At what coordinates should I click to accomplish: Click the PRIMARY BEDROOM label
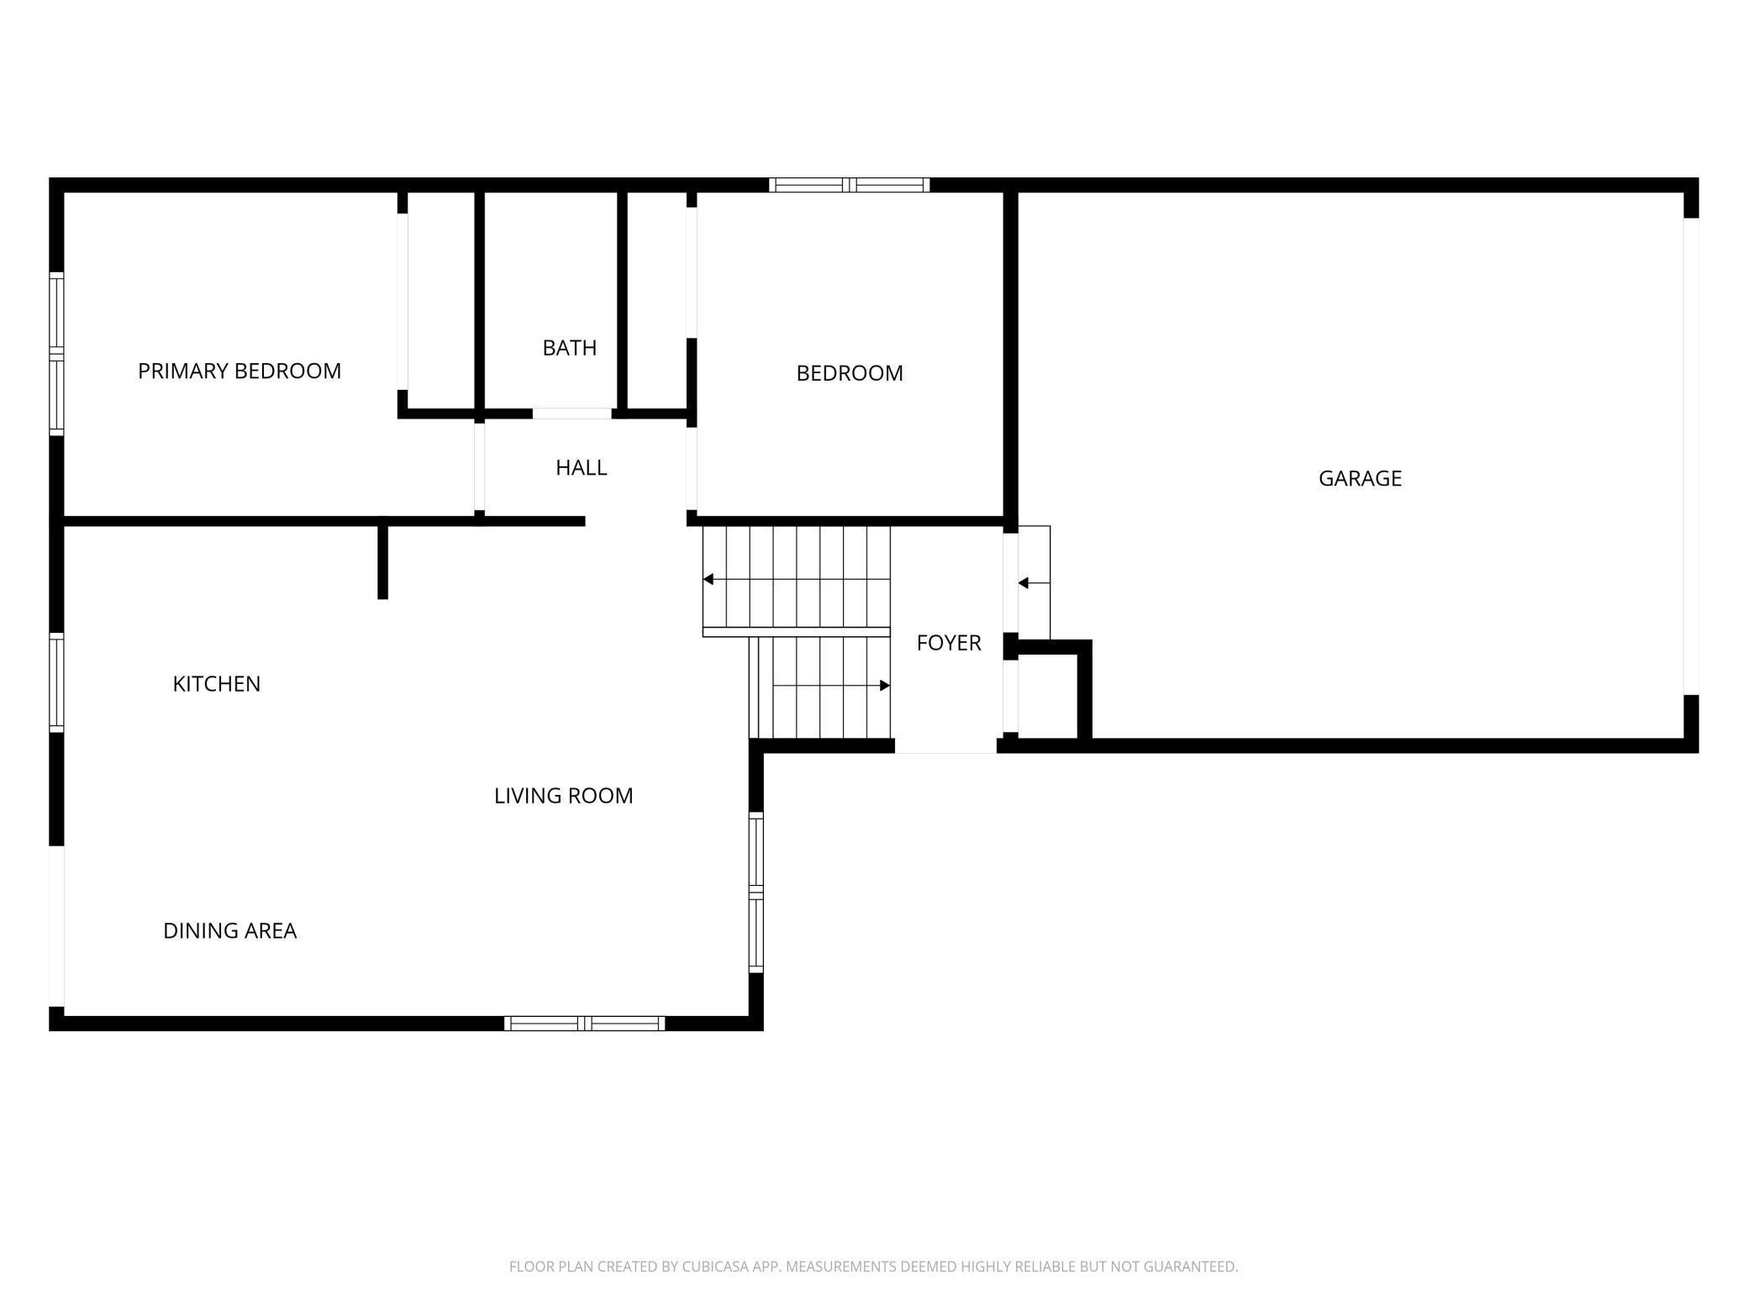click(240, 371)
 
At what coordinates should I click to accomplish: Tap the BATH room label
click(569, 348)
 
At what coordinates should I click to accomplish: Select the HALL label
click(581, 468)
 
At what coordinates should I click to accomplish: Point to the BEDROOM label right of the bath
click(849, 373)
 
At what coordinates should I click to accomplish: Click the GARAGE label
click(1359, 478)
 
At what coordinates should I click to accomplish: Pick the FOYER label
click(948, 643)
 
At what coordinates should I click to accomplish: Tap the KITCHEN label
click(216, 684)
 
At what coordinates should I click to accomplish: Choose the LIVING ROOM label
click(563, 796)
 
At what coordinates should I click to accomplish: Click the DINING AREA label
click(229, 931)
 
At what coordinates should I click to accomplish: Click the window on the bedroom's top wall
click(849, 185)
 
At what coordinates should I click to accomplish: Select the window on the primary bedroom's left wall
click(56, 354)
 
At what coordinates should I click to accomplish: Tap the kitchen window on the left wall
click(56, 682)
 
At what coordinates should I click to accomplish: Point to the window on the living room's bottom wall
click(584, 1024)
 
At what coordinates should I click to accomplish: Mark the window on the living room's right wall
click(756, 892)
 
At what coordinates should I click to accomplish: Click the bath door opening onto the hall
click(571, 413)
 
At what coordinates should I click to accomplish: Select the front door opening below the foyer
click(945, 746)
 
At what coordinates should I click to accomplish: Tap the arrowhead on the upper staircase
click(708, 579)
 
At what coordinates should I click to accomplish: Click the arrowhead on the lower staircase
click(884, 686)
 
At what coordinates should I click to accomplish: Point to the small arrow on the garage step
click(1024, 583)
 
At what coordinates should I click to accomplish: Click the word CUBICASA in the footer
click(714, 1266)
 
